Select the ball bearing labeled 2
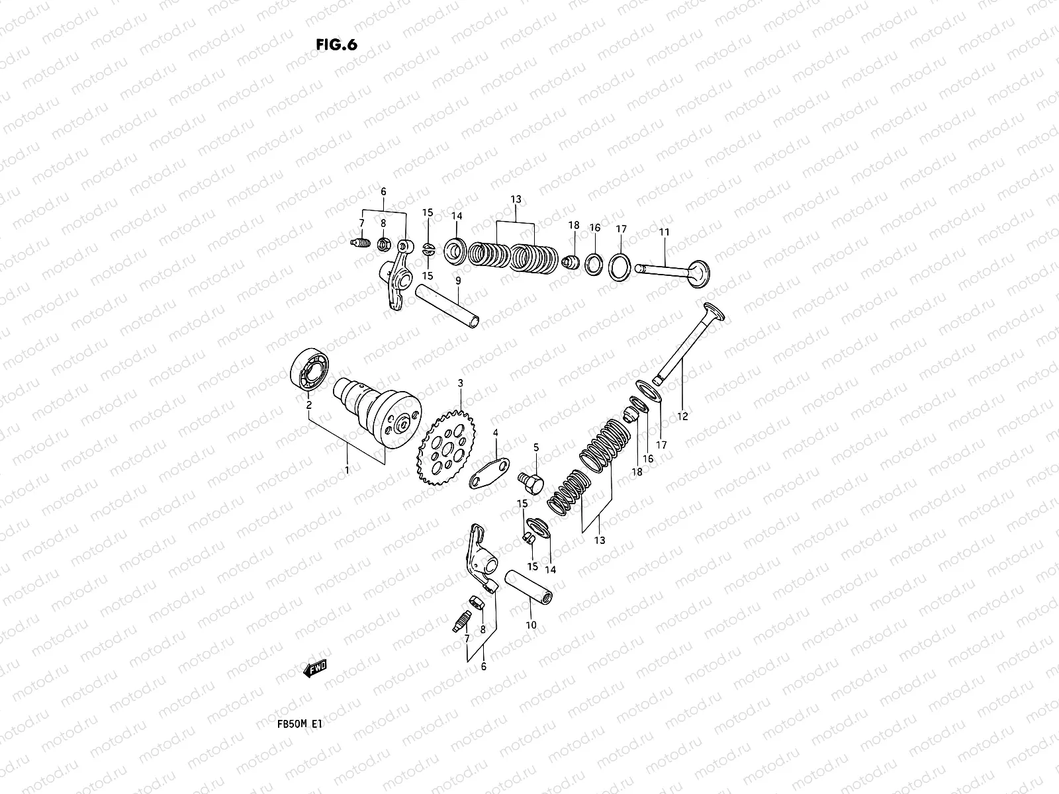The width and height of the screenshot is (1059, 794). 308,373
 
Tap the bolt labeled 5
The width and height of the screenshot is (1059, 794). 531,481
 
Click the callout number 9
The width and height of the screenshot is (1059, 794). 457,280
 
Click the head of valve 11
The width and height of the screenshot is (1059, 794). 698,273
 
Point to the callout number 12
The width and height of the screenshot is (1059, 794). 682,416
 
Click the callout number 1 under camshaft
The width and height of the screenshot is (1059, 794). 347,469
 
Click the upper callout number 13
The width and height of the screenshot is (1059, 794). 516,199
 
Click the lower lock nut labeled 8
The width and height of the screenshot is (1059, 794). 479,602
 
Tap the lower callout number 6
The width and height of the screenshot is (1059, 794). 483,667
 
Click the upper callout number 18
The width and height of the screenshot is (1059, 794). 573,226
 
